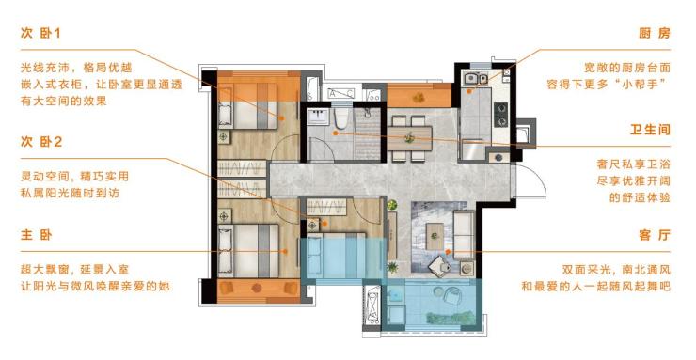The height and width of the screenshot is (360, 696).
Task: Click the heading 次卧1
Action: pyautogui.click(x=40, y=33)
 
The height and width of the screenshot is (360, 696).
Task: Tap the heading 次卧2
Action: pyautogui.click(x=41, y=142)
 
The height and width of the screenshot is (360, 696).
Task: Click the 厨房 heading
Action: pyautogui.click(x=655, y=33)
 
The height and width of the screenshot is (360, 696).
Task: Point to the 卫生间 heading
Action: pyautogui.click(x=650, y=130)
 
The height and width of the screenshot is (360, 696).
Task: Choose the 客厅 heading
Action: pyautogui.click(x=655, y=235)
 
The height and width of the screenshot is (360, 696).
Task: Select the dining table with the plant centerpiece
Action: pyautogui.click(x=409, y=138)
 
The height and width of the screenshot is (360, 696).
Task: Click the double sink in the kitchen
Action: pyautogui.click(x=476, y=79)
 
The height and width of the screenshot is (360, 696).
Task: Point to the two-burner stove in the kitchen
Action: pyautogui.click(x=501, y=115)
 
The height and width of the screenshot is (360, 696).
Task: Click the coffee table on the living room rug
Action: pyautogui.click(x=435, y=236)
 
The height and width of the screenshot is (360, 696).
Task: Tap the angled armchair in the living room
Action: pyautogui.click(x=440, y=266)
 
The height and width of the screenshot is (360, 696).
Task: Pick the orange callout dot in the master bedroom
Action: pyautogui.click(x=285, y=251)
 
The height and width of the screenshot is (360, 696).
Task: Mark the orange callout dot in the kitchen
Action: pyautogui.click(x=469, y=91)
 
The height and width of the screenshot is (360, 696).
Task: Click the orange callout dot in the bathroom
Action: pyautogui.click(x=336, y=133)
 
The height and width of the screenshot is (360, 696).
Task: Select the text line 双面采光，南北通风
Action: pyautogui.click(x=616, y=270)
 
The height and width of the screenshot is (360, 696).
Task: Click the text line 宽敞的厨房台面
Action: pyautogui.click(x=627, y=68)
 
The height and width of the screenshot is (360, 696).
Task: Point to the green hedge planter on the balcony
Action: pyautogui.click(x=451, y=318)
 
